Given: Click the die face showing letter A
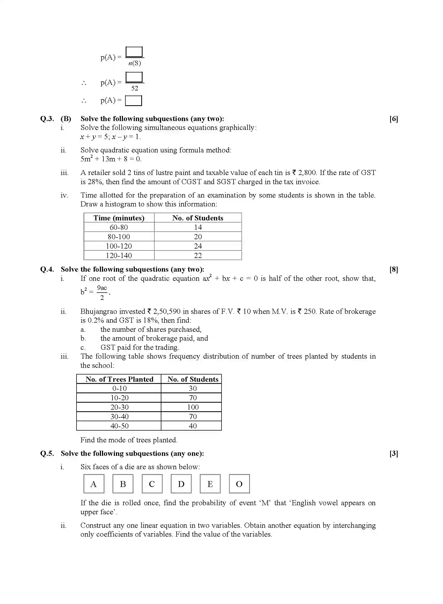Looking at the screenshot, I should tap(94, 484).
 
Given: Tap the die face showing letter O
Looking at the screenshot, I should tap(239, 484).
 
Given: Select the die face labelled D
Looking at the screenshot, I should tap(181, 484).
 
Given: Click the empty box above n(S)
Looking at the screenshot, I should tap(134, 52).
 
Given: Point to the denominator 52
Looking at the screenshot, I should tap(135, 88).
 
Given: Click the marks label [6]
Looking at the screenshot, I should tap(394, 119).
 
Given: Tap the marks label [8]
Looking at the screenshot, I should tap(394, 269).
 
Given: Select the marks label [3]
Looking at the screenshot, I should tap(394, 453).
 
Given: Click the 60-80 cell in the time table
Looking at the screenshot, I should tap(119, 227).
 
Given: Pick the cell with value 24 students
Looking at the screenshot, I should tap(198, 246).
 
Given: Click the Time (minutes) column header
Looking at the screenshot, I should tap(119, 218).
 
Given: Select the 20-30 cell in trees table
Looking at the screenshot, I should tap(119, 407).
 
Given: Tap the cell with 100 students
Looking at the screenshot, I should tap(193, 407).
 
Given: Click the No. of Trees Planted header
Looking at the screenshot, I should tap(119, 379).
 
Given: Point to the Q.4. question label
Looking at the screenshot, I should tap(47, 269).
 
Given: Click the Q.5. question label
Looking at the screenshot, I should tap(47, 453).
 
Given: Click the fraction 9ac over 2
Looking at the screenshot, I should tap(102, 293).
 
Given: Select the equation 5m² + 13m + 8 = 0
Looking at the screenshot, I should tap(111, 159).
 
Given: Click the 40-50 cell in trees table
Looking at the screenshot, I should tap(119, 426).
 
